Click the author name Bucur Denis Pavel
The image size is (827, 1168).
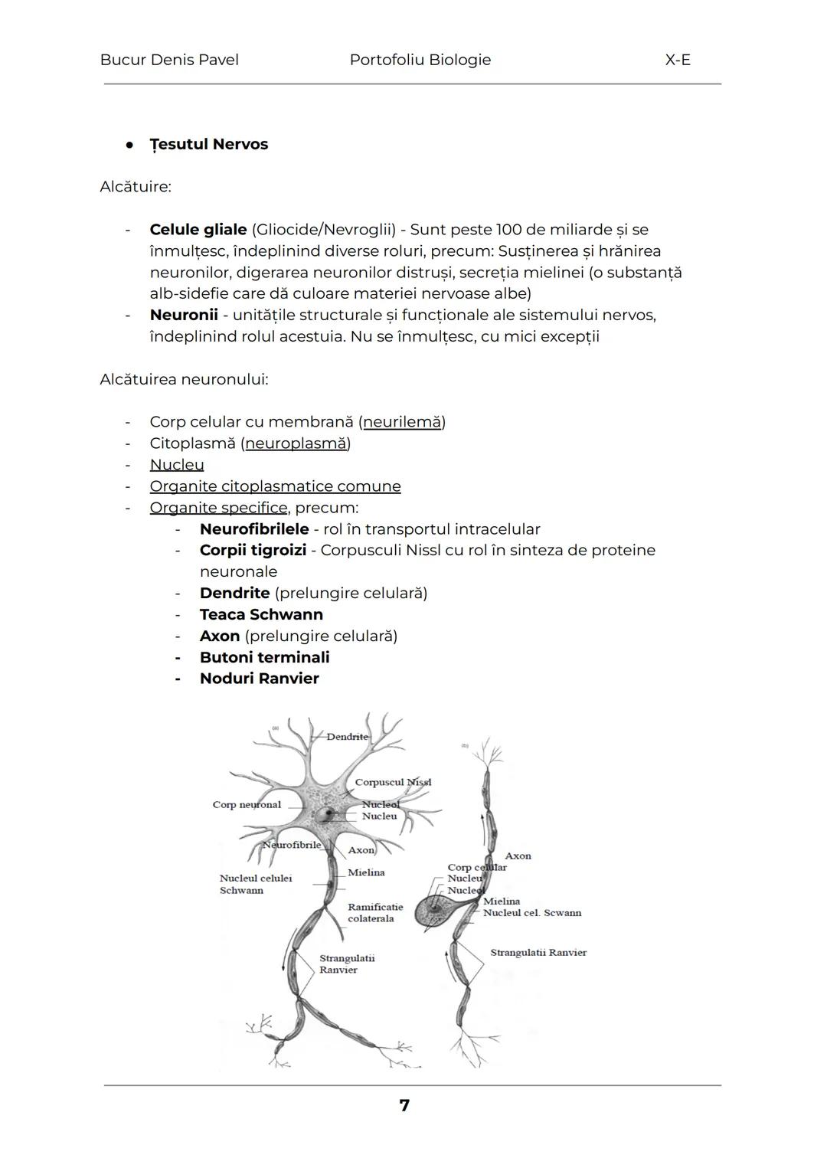click(168, 60)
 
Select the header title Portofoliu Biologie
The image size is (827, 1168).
click(420, 60)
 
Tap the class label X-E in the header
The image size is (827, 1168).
click(678, 60)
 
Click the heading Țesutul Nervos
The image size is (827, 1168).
click(208, 144)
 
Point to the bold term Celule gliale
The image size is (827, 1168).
click(198, 230)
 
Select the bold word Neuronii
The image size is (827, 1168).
click(183, 315)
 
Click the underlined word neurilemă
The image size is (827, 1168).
click(402, 422)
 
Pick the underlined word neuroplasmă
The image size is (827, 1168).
click(296, 443)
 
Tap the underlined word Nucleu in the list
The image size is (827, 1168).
click(177, 465)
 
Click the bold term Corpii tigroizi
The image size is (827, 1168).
click(253, 550)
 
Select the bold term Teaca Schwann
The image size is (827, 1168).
click(261, 614)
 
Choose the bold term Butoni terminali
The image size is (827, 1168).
click(264, 657)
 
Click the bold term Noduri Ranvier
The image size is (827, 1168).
click(259, 679)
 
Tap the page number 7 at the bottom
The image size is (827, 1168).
click(404, 1105)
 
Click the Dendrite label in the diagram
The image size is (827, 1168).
click(347, 737)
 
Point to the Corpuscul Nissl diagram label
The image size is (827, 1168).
click(393, 782)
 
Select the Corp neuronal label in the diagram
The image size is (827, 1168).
click(247, 805)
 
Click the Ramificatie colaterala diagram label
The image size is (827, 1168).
click(374, 913)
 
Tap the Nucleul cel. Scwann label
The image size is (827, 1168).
click(531, 913)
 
